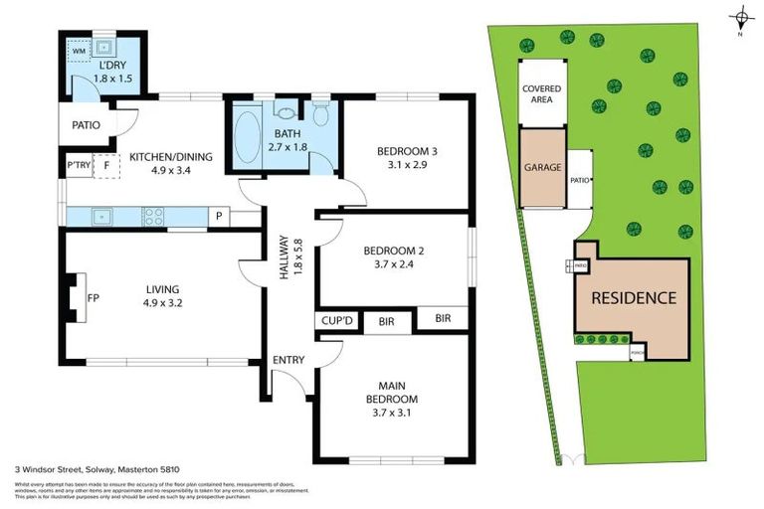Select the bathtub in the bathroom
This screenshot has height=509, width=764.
246,135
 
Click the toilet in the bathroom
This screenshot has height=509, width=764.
319,110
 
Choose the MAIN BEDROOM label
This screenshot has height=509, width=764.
391,393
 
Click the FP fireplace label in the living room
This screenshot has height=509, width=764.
93,296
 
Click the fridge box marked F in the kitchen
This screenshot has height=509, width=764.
104,166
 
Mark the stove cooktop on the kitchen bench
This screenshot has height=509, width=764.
154,216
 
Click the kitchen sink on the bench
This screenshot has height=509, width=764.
99,216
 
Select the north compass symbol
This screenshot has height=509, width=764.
740,18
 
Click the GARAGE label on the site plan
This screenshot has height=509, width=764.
543,168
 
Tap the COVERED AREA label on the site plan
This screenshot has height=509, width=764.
542,94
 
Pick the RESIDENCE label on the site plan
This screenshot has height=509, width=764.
634,297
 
